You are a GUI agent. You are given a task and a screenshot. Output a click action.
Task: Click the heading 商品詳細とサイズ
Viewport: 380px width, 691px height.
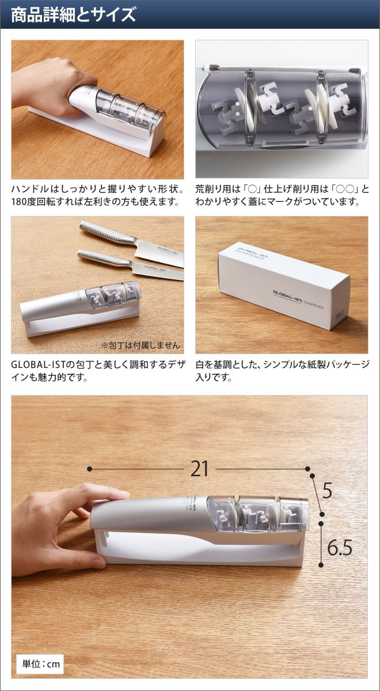74,15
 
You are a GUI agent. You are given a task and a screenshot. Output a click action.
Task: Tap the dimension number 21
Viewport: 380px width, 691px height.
200,469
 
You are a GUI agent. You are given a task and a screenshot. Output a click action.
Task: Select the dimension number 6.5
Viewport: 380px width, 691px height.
339,548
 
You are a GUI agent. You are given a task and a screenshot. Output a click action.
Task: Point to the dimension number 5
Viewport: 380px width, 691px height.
327,490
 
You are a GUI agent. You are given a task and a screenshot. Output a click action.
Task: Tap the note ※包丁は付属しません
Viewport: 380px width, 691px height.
140,345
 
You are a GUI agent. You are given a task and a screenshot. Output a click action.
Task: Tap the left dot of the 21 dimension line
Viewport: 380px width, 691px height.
89,469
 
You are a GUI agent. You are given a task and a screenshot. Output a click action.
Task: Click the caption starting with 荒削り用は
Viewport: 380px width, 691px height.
282,195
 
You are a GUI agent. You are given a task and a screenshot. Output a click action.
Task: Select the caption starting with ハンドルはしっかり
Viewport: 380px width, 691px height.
97,195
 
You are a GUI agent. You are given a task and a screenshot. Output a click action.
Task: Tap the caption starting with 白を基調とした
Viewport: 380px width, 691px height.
282,371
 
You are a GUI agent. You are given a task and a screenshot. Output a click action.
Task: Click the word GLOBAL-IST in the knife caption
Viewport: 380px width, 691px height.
39,365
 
